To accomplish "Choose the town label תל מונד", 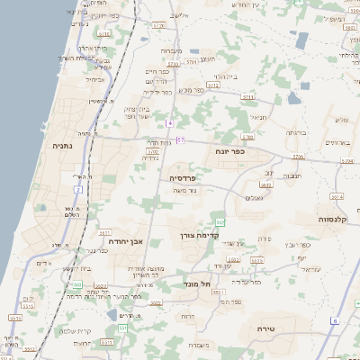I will [x=194, y=284].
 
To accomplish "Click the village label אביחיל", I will [x=94, y=79].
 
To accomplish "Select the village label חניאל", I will [x=258, y=116].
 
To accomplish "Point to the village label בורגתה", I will [x=296, y=132].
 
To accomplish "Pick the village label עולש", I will [x=340, y=120].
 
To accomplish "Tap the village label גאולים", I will [x=254, y=197].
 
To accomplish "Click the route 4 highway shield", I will [x=168, y=121].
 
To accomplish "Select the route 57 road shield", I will [x=180, y=139].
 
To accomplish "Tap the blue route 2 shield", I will [x=78, y=190].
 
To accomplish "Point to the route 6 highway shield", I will [x=334, y=320].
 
